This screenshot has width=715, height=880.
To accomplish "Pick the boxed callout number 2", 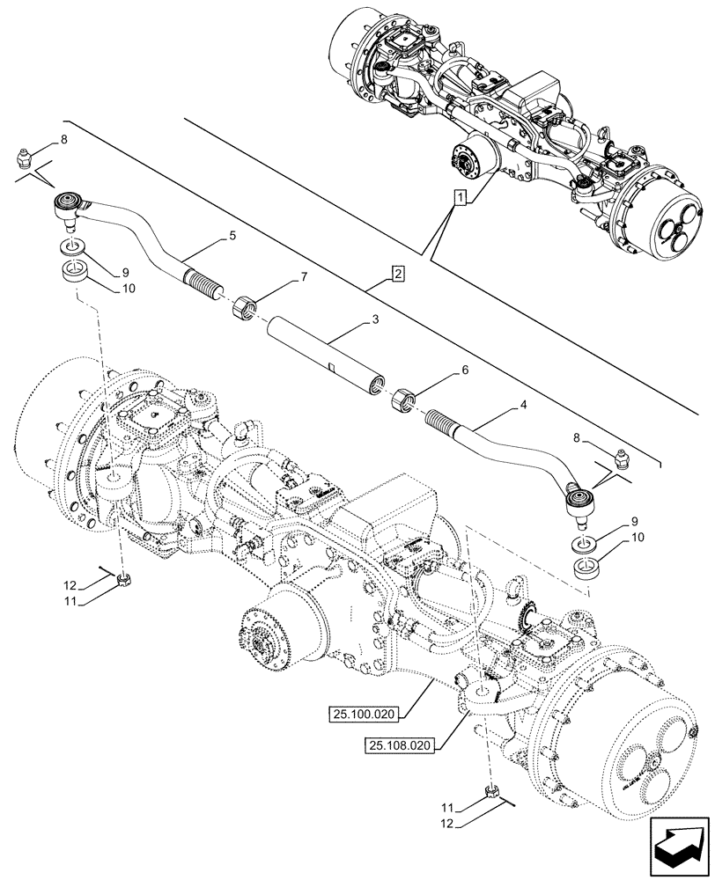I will pos(398,274).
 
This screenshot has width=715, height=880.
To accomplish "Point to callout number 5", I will pos(232,235).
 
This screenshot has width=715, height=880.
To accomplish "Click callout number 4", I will pos(523,406).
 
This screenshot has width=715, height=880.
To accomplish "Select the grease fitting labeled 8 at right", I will pos(620,458).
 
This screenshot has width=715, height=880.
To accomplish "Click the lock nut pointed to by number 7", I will pos(245,309).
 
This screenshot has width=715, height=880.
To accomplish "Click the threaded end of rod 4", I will pos(447,425).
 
